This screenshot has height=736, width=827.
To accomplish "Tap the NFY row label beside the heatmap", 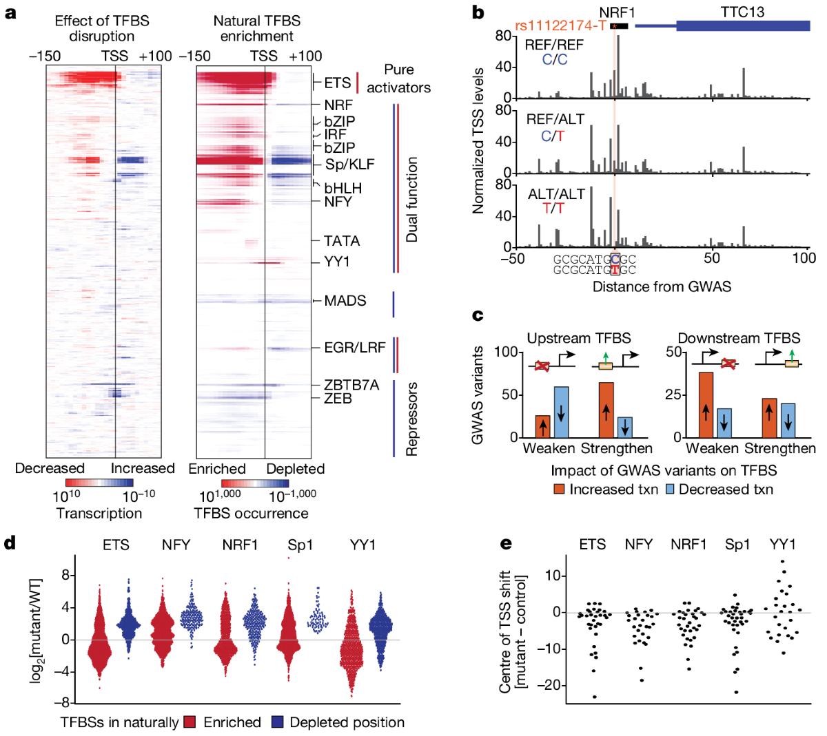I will point(338,202).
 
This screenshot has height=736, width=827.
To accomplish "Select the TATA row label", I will point(342,241).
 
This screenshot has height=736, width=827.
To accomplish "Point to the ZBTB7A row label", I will point(351,385).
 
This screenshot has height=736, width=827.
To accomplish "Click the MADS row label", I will point(345,301).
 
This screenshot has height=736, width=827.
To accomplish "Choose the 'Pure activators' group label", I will point(398,78).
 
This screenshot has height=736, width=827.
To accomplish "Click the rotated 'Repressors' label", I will point(412,419).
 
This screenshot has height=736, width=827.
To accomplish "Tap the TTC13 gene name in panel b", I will point(742,12).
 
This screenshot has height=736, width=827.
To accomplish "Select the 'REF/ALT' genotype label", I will point(555,119).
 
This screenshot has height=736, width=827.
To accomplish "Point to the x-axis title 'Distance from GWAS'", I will point(662,286).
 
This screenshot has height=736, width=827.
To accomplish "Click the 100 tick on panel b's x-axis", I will point(804,258).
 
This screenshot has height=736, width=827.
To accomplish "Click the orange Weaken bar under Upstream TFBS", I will point(543,426).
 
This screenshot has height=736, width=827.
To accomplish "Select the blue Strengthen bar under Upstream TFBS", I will point(624,427).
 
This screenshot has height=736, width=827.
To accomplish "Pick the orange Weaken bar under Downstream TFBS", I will point(706,405).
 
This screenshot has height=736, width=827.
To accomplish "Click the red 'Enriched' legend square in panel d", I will point(190,722).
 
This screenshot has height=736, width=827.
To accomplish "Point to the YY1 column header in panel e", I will point(782,545).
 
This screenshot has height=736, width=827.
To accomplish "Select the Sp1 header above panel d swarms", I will point(300,545).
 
